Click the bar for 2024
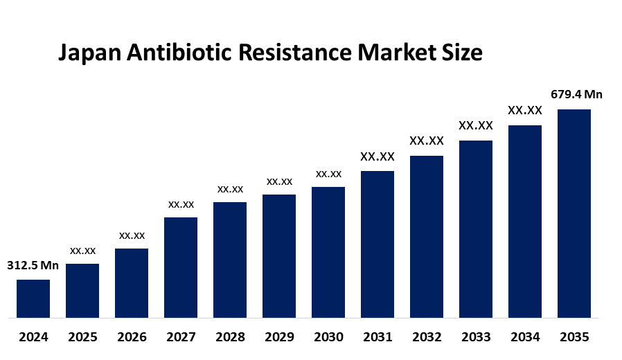33,298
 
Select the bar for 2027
181,267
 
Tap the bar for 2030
328,252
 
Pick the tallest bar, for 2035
574,213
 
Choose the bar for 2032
427,237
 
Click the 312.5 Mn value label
33,265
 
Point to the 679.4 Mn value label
576,94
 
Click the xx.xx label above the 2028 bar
230,189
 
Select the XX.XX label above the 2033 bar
476,125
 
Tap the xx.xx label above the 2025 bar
82,251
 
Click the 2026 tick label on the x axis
132,337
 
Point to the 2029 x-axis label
279,337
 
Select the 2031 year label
377,337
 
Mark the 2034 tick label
525,337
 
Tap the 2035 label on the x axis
574,337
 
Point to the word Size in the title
461,53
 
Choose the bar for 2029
279,256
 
